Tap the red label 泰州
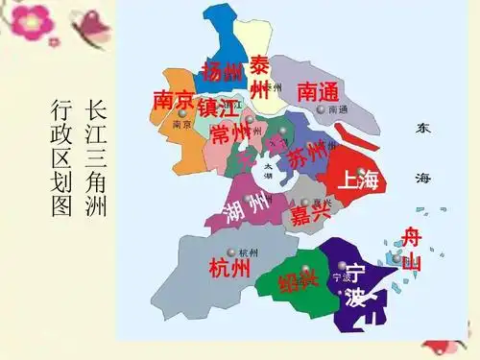click(260, 77)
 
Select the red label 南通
click(318, 91)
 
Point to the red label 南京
click(174, 101)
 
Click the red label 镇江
click(218, 106)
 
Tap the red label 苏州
click(307, 156)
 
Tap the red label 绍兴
click(298, 281)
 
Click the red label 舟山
click(411, 247)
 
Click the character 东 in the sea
click(422, 127)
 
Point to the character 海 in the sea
click(422, 179)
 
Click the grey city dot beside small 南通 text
click(321, 110)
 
